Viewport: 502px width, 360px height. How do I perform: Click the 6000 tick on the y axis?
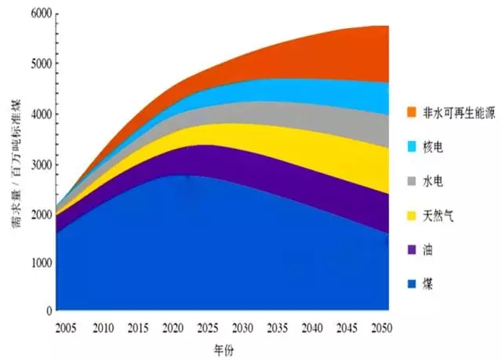tap(40, 14)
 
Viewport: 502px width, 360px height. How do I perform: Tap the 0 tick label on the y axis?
tap(48, 311)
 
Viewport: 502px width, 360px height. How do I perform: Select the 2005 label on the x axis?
tap(67, 326)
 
